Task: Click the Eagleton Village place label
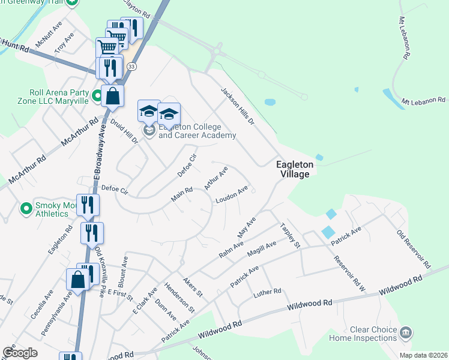pos(292,169)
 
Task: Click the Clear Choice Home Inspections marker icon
pos(406,332)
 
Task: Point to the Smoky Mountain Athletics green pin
pos(26,208)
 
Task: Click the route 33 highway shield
pos(131,66)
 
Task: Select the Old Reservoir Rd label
pos(414,248)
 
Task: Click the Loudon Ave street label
pos(232,195)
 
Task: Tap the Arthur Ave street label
pos(215,178)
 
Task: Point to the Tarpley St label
pos(290,236)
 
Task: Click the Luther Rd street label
pos(267,292)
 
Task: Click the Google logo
pos(20,353)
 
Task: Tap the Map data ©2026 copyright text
pos(423,355)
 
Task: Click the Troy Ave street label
pos(64,44)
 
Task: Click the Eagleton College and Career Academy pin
pos(149,130)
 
